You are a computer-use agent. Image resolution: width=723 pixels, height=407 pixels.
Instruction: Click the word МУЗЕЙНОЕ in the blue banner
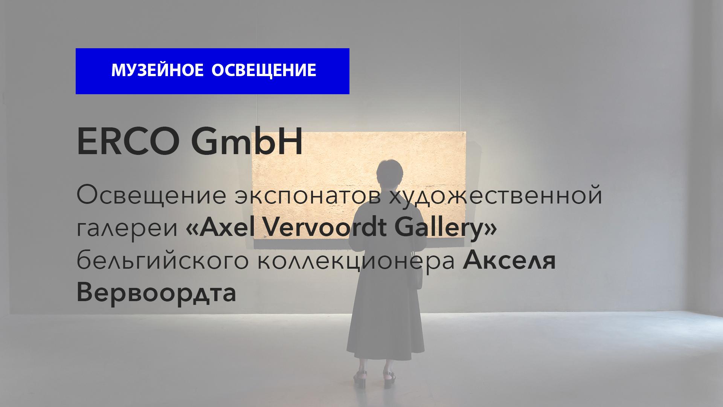158,70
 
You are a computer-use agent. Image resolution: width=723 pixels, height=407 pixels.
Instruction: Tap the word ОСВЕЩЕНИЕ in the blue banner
264,70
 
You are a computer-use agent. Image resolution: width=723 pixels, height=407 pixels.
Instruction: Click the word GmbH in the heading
247,142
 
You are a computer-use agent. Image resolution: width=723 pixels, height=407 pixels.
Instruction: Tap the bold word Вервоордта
156,293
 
